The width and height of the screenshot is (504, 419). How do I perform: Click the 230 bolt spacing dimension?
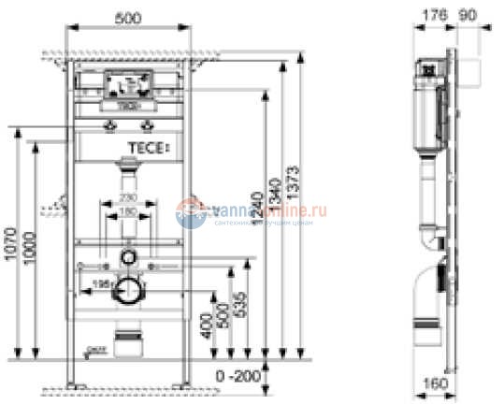pyautogui.click(x=129, y=199)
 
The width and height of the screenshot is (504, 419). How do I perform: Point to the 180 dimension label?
pyautogui.click(x=129, y=212)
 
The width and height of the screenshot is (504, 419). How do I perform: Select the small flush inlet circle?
pyautogui.click(x=129, y=257)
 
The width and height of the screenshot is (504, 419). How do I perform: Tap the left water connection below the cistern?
pyautogui.click(x=111, y=123)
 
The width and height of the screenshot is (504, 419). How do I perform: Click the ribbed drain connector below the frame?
pyautogui.click(x=127, y=334)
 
